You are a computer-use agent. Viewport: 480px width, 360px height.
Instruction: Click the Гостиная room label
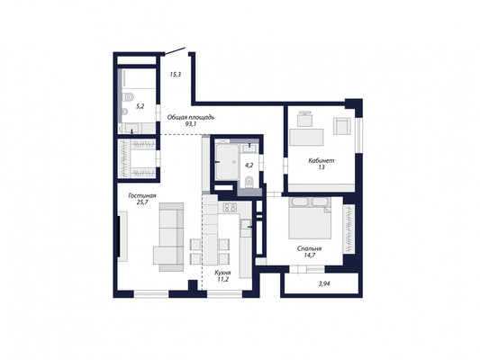click(x=142, y=196)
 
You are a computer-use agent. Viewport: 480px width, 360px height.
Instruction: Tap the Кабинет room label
click(x=322, y=160)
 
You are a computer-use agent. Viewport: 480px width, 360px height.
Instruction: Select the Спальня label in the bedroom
click(x=309, y=248)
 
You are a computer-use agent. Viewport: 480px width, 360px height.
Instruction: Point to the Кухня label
click(x=222, y=273)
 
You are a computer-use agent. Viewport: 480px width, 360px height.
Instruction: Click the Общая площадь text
click(x=190, y=117)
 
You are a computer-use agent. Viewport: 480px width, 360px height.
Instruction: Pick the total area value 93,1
click(x=190, y=124)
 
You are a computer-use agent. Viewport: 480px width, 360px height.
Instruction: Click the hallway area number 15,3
click(x=176, y=74)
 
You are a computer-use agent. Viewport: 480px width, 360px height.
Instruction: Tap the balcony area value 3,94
click(x=324, y=283)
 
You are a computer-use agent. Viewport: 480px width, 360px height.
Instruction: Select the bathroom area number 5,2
click(x=140, y=106)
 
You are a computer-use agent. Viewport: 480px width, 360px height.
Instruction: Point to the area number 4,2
click(x=249, y=166)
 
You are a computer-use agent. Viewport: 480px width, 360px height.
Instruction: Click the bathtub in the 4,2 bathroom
click(x=227, y=162)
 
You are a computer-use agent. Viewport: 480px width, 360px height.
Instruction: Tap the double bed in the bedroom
click(x=310, y=218)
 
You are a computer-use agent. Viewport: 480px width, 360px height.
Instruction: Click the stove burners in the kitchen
click(x=231, y=208)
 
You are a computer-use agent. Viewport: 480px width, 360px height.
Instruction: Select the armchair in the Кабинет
click(x=342, y=126)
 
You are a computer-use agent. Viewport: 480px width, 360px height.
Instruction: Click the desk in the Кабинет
click(x=306, y=137)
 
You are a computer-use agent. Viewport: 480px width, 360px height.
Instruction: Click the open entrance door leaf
click(x=175, y=51)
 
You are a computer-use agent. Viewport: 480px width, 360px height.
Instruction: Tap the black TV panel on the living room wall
click(x=119, y=237)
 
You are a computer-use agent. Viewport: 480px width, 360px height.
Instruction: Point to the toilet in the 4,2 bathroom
click(x=249, y=183)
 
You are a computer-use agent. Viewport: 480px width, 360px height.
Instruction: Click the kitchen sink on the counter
click(x=246, y=224)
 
